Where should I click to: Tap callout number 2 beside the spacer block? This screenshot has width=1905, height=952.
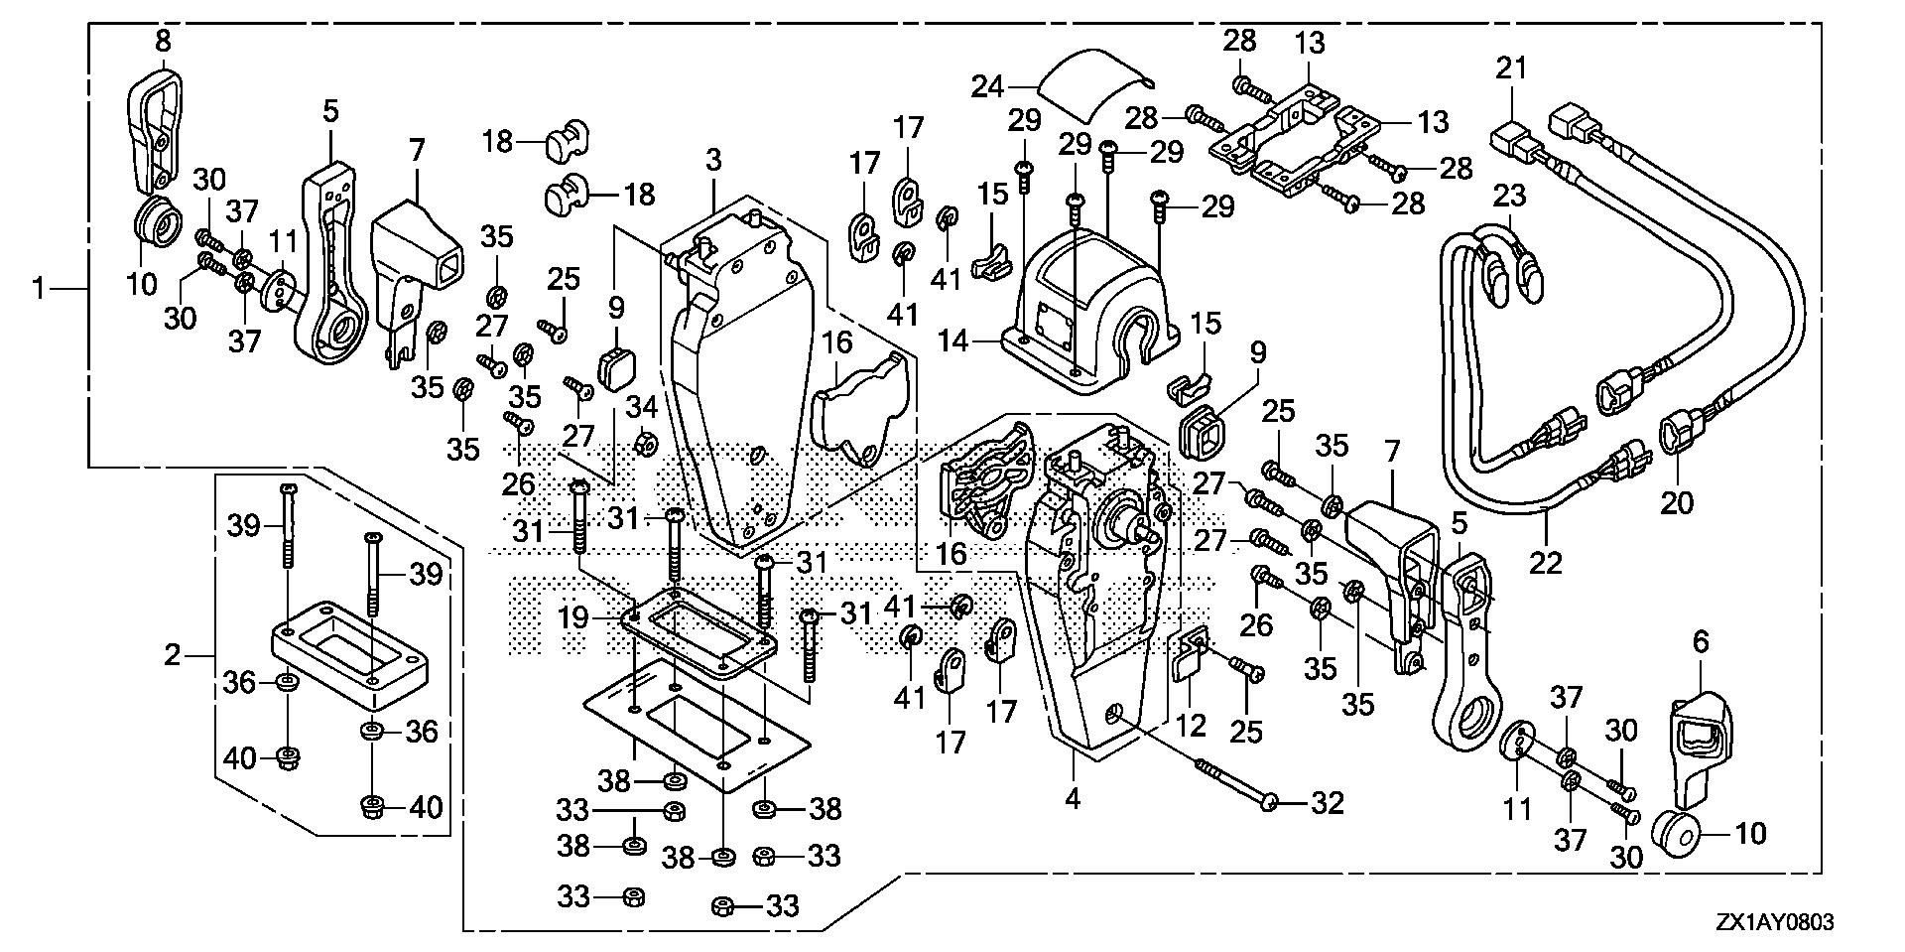click(x=173, y=655)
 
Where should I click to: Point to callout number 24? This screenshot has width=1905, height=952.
click(x=987, y=86)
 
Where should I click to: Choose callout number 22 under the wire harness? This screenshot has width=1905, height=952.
click(x=1546, y=563)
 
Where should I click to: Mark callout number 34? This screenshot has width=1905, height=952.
click(x=642, y=406)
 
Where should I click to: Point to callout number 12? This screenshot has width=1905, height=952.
click(x=1191, y=725)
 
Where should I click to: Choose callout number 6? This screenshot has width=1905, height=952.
click(x=1701, y=642)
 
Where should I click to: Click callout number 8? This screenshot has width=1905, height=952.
click(x=164, y=42)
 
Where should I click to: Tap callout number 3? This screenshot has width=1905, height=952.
click(x=714, y=159)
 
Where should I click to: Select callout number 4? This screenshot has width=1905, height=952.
click(x=1072, y=798)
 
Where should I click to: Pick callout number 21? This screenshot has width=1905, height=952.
click(x=1512, y=69)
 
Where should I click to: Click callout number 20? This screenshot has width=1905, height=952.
click(x=1677, y=504)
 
